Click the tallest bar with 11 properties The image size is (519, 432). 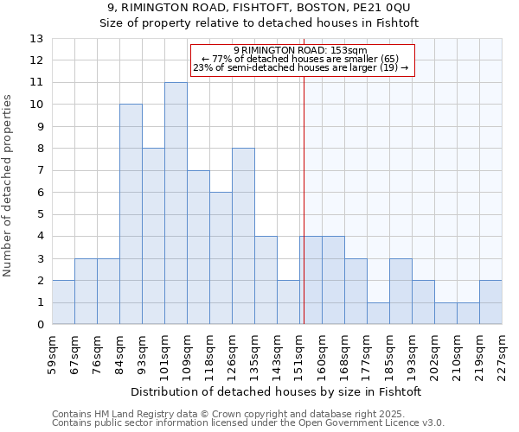pyautogui.click(x=176, y=203)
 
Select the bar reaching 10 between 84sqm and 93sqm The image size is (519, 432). pyautogui.click(x=131, y=214)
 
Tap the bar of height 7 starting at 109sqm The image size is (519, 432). pyautogui.click(x=198, y=247)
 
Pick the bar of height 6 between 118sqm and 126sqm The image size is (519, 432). pyautogui.click(x=221, y=258)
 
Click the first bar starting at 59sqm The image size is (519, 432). pyautogui.click(x=63, y=302)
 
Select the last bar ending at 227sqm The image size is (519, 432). pyautogui.click(x=490, y=302)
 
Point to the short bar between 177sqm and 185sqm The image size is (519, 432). pyautogui.click(x=378, y=314)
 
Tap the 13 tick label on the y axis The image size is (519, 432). pyautogui.click(x=36, y=39)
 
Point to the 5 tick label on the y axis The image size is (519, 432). pyautogui.click(x=40, y=214)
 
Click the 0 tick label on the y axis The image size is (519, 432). pyautogui.click(x=40, y=325)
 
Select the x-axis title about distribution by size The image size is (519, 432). pyautogui.click(x=277, y=391)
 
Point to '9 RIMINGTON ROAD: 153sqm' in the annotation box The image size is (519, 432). pyautogui.click(x=300, y=50)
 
